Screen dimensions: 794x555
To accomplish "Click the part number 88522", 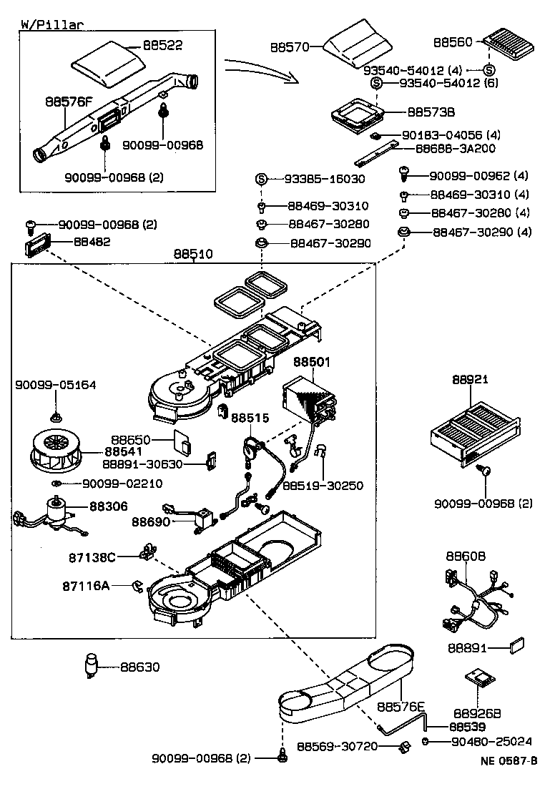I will pyautogui.click(x=162, y=45).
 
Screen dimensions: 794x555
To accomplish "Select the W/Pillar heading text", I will pyautogui.click(x=52, y=24).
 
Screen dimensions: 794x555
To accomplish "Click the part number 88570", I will pyautogui.click(x=289, y=48).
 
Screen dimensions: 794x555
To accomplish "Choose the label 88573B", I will pyautogui.click(x=431, y=112).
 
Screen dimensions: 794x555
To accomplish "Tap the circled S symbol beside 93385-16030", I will pyautogui.click(x=261, y=179).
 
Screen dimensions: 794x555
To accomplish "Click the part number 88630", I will pyautogui.click(x=139, y=667).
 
